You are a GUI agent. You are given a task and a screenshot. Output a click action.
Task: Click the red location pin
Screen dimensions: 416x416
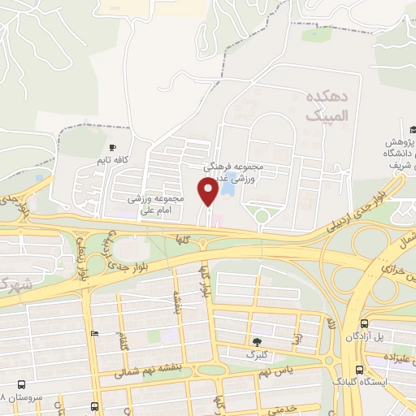pos(209,192)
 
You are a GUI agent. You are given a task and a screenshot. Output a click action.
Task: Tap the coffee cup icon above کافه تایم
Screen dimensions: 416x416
pos(113,148)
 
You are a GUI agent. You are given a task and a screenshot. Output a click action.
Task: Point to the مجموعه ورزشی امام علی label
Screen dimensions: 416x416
pos(158,204)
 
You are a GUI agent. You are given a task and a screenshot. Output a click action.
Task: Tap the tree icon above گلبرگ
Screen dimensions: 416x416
pos(258,341)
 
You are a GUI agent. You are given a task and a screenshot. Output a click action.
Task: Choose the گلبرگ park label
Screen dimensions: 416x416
pos(262,355)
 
